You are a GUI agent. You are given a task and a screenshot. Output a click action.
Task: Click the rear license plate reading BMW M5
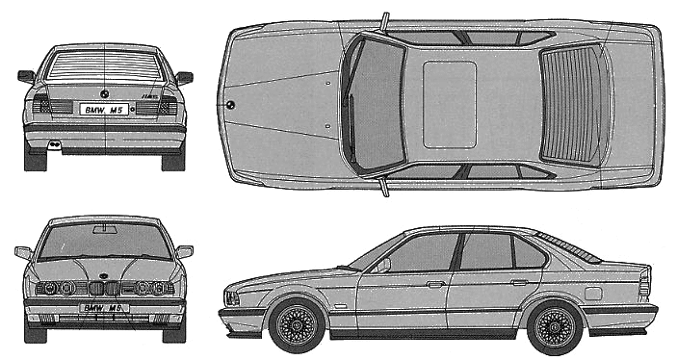pyautogui.click(x=104, y=109)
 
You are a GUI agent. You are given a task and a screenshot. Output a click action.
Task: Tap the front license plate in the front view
pyautogui.click(x=104, y=308)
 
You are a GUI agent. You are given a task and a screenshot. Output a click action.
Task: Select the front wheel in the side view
pyautogui.click(x=297, y=324)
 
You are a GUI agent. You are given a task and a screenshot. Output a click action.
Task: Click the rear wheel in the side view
pyautogui.click(x=555, y=327)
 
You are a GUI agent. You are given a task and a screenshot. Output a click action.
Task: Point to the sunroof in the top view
pyautogui.click(x=450, y=105)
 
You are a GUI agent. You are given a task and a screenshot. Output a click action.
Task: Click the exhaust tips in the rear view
pyautogui.click(x=54, y=144)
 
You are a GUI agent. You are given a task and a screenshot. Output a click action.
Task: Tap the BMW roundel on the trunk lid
pyautogui.click(x=104, y=93)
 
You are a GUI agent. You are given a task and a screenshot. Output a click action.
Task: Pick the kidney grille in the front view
pyautogui.click(x=104, y=288)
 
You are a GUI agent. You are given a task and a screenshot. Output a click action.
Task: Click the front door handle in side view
pyautogui.click(x=435, y=284)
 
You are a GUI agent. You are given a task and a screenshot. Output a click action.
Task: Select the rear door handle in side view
pyautogui.click(x=519, y=282)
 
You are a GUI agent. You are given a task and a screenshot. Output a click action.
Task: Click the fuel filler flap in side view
pyautogui.click(x=593, y=293)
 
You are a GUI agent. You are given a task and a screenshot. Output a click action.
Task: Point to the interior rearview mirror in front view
pyautogui.click(x=105, y=229)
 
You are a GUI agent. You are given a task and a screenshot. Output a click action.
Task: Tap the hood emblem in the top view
pyautogui.click(x=230, y=105)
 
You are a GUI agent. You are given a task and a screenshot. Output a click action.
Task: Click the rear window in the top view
pyautogui.click(x=573, y=105)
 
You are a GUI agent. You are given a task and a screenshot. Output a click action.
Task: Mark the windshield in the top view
pyautogui.click(x=375, y=105)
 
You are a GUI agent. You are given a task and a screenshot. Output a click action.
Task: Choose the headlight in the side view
pyautogui.click(x=231, y=298)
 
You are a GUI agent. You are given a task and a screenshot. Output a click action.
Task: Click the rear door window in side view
pyautogui.click(x=486, y=251)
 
